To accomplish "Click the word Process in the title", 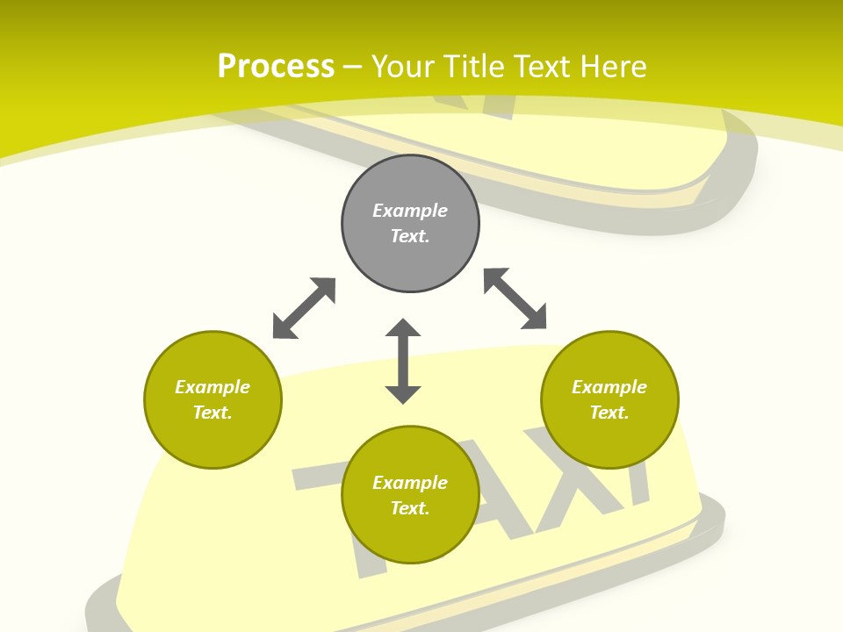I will tap(276, 67).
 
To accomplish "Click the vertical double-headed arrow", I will tap(403, 361).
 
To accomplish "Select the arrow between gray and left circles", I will tap(304, 307).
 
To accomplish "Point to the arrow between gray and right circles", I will tap(515, 298).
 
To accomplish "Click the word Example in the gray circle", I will tap(410, 211).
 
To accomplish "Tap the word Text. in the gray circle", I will tap(410, 236).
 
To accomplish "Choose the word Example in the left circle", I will tap(213, 387).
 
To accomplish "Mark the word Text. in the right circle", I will tap(609, 413).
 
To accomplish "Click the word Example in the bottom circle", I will tap(410, 483).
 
